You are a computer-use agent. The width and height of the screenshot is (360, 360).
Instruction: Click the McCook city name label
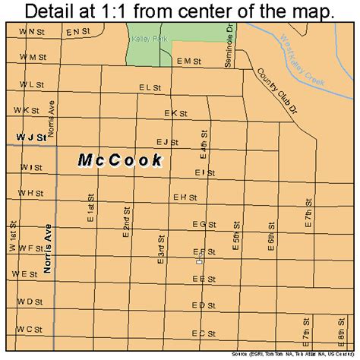120,160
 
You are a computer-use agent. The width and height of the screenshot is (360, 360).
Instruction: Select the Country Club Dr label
261,86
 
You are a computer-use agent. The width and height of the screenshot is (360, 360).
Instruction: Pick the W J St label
31,137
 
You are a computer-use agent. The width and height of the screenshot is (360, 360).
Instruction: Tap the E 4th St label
204,142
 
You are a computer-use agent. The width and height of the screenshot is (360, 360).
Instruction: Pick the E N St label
77,33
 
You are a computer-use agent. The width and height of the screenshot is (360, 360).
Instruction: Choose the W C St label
30,329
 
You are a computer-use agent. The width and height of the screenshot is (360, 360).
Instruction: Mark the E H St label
185,198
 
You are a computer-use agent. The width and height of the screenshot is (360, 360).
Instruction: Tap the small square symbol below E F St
200,262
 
